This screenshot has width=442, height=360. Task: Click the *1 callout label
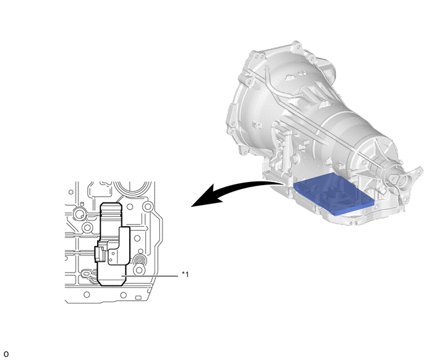click(185, 274)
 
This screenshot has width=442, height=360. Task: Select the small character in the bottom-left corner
click(6, 354)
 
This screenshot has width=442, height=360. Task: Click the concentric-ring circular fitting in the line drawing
click(139, 260)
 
